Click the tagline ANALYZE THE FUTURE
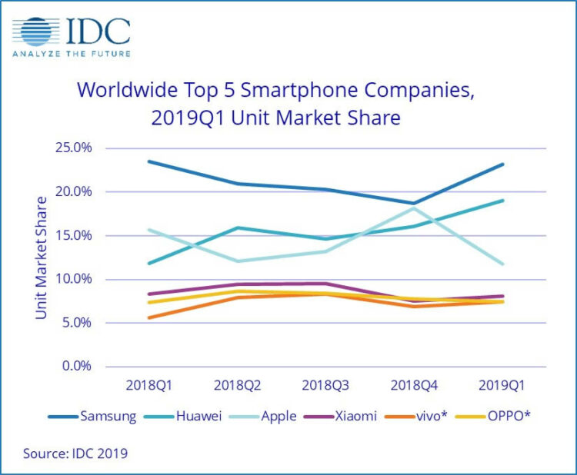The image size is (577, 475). [x=71, y=53]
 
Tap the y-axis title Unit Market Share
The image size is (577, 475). [x=41, y=257]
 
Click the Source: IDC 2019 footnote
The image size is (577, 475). [x=75, y=453]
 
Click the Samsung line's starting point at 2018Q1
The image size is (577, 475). [x=148, y=161]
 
